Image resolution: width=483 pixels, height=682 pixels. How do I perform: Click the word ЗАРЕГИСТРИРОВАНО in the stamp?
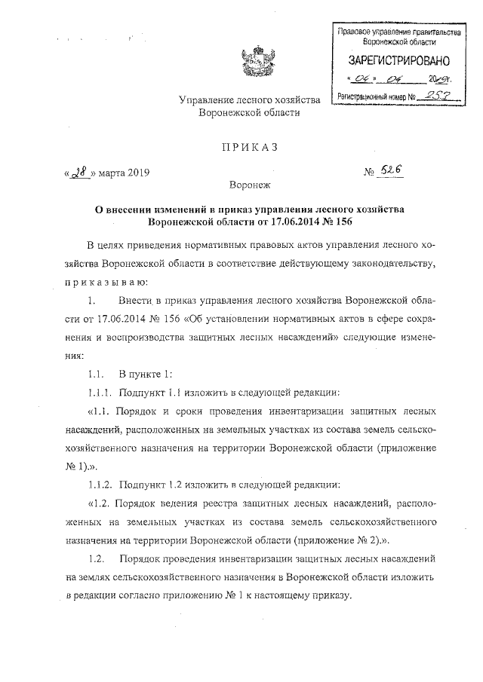[x=399, y=59]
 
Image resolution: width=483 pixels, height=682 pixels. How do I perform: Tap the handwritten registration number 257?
[x=438, y=96]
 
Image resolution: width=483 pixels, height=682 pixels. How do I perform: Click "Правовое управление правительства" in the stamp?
[x=399, y=33]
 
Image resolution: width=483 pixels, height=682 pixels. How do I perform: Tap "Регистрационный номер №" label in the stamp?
[x=376, y=96]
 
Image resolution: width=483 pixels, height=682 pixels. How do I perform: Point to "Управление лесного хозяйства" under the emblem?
[x=249, y=99]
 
